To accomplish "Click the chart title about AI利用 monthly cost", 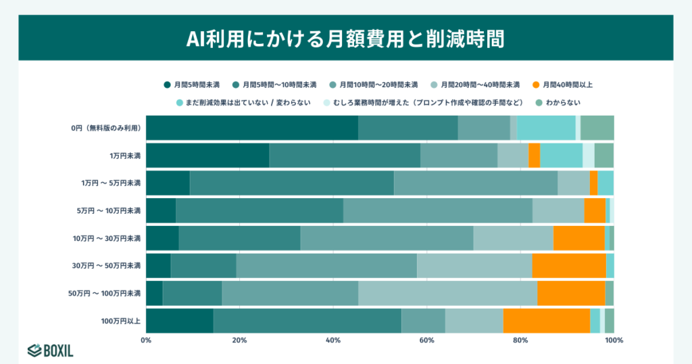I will [345, 38].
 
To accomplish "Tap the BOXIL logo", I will [51, 350].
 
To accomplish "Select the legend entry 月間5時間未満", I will [192, 85].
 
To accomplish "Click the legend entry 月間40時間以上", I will [562, 85].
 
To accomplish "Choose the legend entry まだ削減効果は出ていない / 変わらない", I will [243, 103].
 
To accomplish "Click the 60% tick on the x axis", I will [426, 340].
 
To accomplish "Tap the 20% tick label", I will [239, 340].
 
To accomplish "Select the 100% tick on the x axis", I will [614, 340].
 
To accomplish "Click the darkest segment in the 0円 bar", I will [251, 128].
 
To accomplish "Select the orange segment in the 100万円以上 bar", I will [546, 321].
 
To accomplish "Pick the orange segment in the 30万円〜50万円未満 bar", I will [568, 265].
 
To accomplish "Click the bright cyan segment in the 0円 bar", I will [546, 128].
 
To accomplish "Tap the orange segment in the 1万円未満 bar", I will [534, 156].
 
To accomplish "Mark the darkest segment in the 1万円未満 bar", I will [207, 156].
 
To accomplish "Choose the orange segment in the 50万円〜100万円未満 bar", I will [571, 293].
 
